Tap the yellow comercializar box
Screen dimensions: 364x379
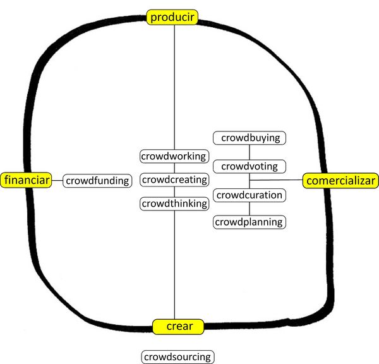coord(340,181)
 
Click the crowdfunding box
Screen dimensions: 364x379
coord(97,181)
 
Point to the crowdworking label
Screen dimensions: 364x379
coord(174,155)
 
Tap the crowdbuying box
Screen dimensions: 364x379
coord(250,137)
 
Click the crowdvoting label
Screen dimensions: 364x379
coord(250,166)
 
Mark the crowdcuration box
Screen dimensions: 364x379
coord(250,195)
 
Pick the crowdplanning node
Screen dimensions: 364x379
coord(250,222)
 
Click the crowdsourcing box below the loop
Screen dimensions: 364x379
coord(177,357)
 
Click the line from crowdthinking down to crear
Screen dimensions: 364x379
coord(174,265)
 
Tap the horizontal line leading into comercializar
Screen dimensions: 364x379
coord(278,181)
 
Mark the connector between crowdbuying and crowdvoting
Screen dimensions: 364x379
coord(250,152)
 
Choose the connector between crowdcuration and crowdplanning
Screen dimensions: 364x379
coord(250,209)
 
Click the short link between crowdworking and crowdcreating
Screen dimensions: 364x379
coord(174,167)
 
